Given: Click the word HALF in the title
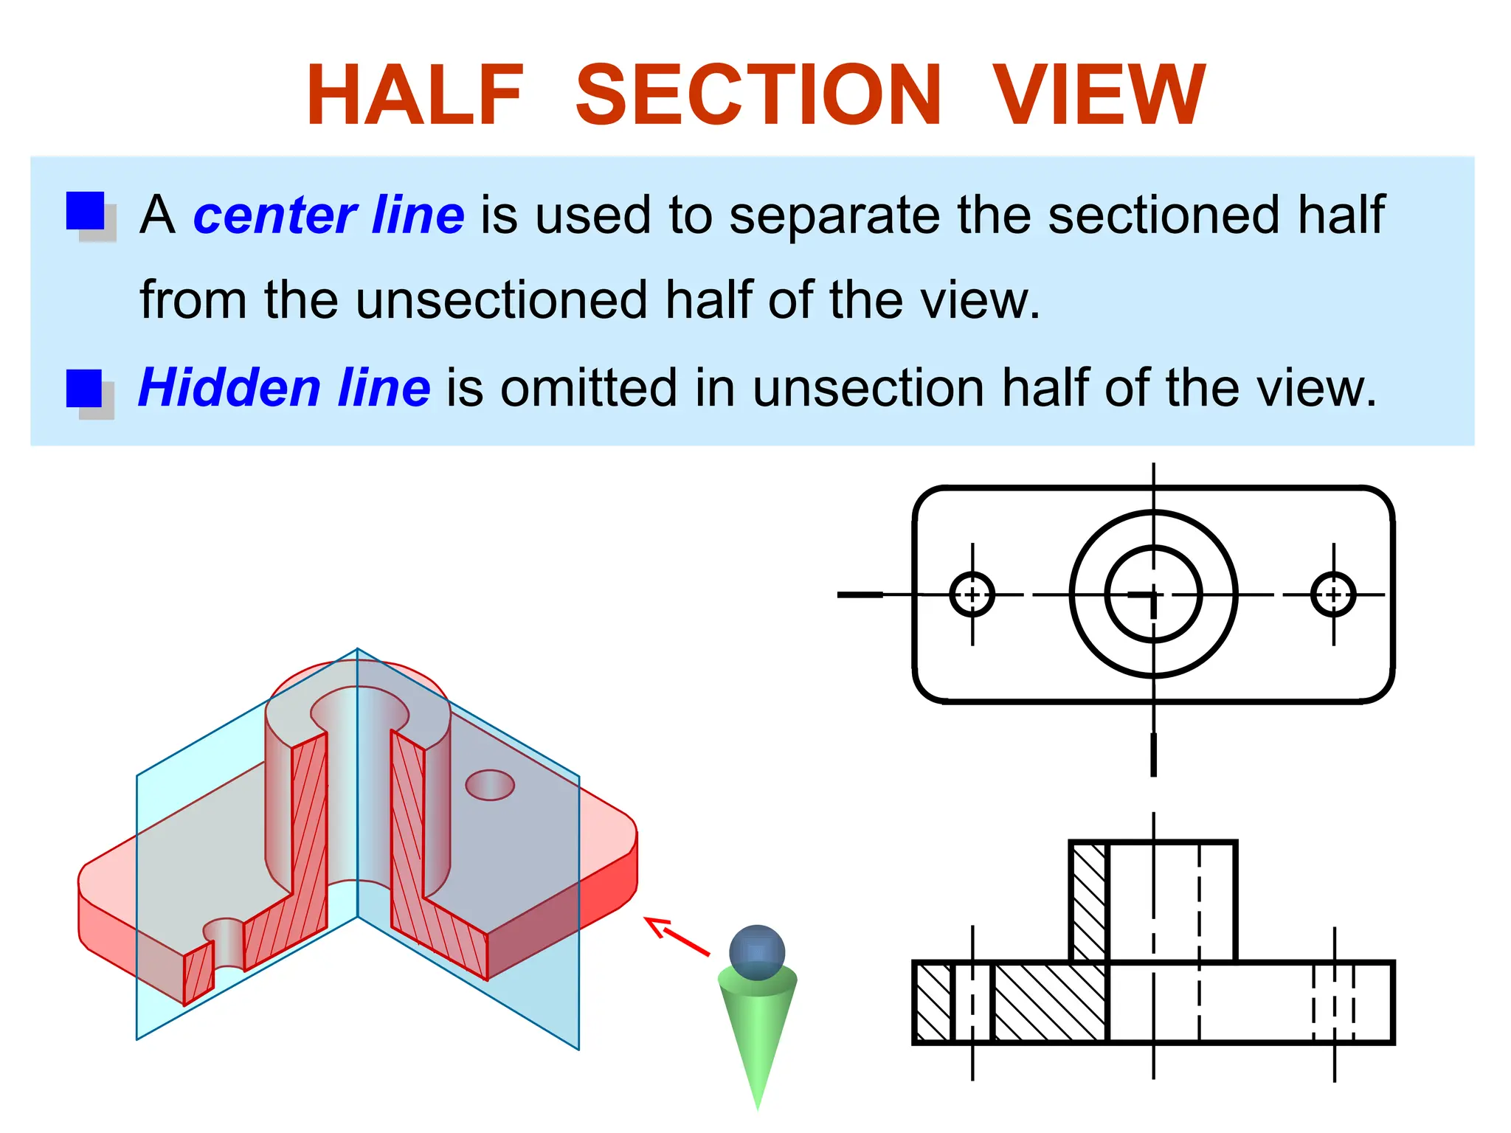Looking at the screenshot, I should tap(415, 95).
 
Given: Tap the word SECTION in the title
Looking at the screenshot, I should tap(758, 95).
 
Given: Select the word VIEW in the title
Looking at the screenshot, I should tap(1099, 95).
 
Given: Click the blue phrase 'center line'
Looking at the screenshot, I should tap(328, 215).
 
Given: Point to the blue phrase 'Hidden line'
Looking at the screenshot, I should tap(284, 388).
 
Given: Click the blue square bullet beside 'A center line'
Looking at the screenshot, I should tap(86, 212).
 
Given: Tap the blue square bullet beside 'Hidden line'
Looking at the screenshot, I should tap(84, 388).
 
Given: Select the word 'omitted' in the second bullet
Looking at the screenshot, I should tap(588, 388).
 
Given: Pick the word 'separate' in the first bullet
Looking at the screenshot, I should tap(834, 215).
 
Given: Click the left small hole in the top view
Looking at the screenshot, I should tap(972, 595).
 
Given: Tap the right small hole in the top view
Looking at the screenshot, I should tap(1333, 595).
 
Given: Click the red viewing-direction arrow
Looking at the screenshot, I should tap(677, 935).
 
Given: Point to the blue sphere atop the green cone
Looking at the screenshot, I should tap(757, 952).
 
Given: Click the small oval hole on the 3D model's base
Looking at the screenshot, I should tap(490, 785).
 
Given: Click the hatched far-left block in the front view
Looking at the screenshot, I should tap(933, 1002).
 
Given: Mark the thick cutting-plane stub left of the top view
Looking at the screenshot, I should tap(860, 595).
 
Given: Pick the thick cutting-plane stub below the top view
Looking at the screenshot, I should tap(1153, 754).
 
